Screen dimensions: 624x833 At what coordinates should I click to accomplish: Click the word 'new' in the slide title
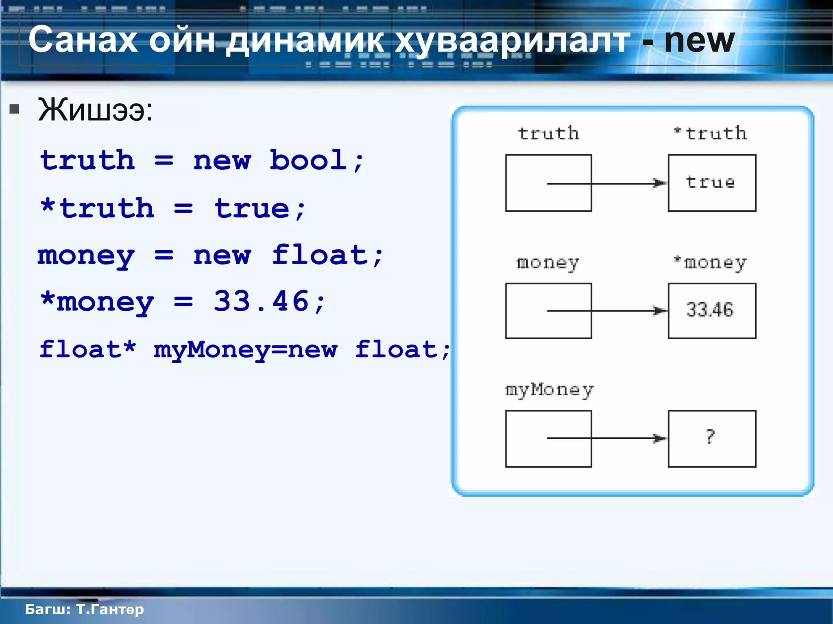(699, 41)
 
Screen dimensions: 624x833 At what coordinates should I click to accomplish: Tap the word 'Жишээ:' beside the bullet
(96, 110)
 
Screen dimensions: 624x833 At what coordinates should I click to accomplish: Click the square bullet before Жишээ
(15, 109)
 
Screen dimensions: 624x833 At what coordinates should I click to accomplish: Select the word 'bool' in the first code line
(308, 160)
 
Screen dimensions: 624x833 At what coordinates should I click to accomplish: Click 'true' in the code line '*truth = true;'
(252, 209)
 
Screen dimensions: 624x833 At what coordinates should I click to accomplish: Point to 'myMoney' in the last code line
(212, 349)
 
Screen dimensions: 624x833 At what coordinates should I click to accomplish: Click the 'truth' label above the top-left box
(548, 133)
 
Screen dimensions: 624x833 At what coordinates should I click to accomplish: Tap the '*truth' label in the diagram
(710, 133)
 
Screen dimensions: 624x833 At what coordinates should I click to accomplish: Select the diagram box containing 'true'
(712, 183)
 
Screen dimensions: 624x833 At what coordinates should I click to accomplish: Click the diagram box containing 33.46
(712, 311)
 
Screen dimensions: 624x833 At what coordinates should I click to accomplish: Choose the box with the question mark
(712, 439)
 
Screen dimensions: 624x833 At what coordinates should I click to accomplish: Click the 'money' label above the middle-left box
(547, 263)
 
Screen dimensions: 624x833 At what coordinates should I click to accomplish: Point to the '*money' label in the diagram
(710, 263)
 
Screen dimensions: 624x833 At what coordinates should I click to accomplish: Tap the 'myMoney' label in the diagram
(549, 390)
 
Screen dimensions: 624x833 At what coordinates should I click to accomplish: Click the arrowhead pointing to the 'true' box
(660, 183)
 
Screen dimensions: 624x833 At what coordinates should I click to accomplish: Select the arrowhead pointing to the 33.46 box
(660, 311)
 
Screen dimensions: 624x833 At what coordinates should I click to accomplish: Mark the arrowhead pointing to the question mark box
(660, 438)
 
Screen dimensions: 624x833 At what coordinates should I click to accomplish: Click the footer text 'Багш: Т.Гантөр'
(84, 609)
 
